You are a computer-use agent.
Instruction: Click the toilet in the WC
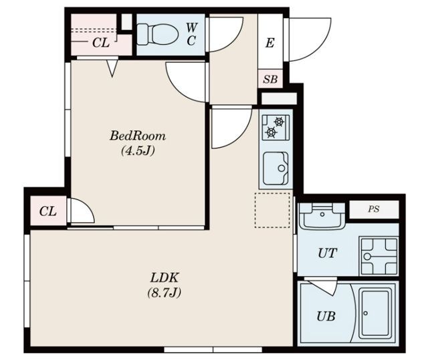tap(157, 34)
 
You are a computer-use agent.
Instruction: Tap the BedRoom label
tap(138, 136)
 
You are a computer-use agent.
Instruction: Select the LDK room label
tap(165, 278)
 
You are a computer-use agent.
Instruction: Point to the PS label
tap(373, 209)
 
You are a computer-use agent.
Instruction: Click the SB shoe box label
tap(270, 79)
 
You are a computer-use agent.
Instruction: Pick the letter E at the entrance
tap(270, 43)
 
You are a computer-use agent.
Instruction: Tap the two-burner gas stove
tap(276, 128)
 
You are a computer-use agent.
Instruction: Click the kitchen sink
tap(276, 168)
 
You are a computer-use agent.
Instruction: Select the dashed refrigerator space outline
tap(272, 210)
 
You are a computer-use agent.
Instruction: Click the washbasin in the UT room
tap(322, 215)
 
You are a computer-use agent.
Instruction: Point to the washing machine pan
tap(379, 256)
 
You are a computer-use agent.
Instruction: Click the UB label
tap(326, 317)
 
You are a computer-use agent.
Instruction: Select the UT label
tap(328, 253)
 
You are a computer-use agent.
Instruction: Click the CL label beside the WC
tap(101, 43)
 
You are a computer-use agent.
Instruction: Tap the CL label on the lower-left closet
tap(47, 211)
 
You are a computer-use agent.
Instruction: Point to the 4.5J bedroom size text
tap(138, 151)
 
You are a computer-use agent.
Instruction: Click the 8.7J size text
tap(165, 292)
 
